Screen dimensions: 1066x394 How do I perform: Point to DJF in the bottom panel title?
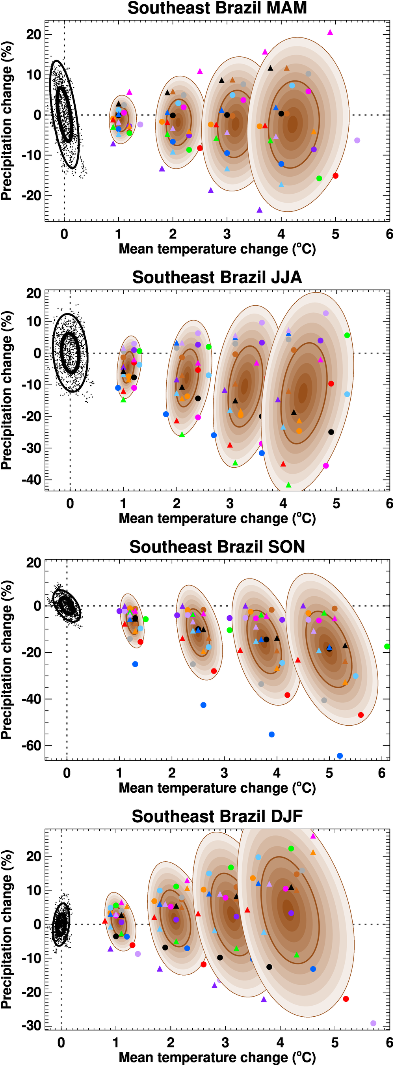coord(285,816)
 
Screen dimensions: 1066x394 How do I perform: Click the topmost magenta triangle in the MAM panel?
coord(330,32)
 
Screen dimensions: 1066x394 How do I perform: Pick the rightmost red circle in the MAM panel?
coord(335,175)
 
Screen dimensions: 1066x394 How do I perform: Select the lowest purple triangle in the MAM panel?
coord(260,210)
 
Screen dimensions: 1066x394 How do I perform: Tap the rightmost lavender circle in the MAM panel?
coord(357,140)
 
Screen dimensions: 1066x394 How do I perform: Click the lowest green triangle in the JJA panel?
coord(288,485)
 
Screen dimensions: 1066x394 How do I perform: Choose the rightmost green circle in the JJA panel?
coord(347,335)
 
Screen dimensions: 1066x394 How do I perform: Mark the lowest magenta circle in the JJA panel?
coord(326,465)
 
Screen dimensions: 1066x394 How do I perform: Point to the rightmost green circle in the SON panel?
coord(387,646)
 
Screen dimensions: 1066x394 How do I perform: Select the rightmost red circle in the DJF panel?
coord(346,999)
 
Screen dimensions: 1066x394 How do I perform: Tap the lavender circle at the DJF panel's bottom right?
coord(374,1023)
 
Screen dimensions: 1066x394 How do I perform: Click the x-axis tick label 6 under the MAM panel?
coord(389,234)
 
